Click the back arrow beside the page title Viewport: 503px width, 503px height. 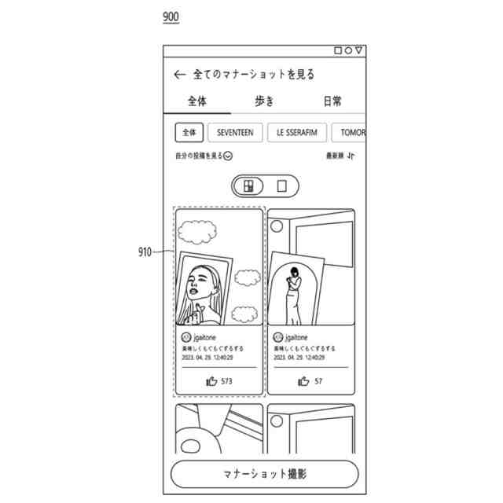(x=180, y=75)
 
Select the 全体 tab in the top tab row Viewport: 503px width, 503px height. (x=196, y=101)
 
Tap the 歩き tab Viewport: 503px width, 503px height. (x=265, y=101)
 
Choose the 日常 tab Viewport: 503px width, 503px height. (x=332, y=101)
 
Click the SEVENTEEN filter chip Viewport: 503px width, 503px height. (x=235, y=133)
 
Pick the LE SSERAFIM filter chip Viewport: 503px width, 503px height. (x=296, y=133)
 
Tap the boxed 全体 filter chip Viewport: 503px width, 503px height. (x=189, y=133)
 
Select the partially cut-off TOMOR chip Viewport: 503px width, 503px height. (x=348, y=133)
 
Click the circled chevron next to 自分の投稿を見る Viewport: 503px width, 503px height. (x=228, y=156)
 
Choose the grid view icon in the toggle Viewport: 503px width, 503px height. (x=248, y=186)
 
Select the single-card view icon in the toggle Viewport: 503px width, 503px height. (x=282, y=186)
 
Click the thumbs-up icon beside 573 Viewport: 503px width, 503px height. (x=211, y=381)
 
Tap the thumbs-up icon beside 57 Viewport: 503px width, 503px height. (x=303, y=381)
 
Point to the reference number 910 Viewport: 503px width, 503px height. (x=145, y=252)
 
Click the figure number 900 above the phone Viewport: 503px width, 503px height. (x=171, y=17)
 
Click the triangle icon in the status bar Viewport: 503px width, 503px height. (x=359, y=50)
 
